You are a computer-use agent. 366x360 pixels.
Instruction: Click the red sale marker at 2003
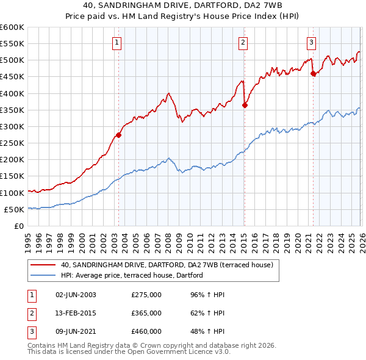tap(118, 135)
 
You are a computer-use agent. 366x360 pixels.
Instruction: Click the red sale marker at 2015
tap(245, 105)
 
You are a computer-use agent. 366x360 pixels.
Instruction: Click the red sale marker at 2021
tap(313, 74)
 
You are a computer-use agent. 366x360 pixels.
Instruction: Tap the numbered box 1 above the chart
tap(117, 42)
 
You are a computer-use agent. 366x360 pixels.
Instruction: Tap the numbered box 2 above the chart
tap(243, 42)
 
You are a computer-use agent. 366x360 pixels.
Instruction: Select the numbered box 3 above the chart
tap(311, 42)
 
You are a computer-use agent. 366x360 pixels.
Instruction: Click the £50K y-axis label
tap(14, 209)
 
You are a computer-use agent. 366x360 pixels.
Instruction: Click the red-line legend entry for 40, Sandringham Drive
tap(170, 265)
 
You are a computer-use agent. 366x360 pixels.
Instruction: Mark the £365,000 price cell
tap(146, 312)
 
